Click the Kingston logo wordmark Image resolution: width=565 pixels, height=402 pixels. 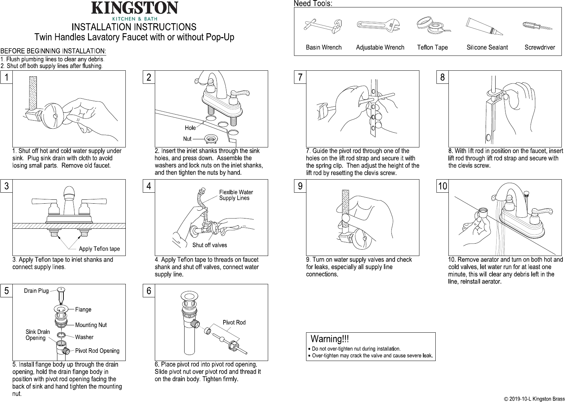point(135,8)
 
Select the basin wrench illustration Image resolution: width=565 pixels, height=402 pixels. point(323,27)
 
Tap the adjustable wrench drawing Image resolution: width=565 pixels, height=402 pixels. point(378,25)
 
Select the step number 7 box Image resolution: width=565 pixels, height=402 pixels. point(300,77)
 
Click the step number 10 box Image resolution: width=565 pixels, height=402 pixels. point(442,186)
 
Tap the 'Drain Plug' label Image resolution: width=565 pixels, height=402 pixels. point(36,291)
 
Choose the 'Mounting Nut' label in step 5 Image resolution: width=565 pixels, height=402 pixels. point(91,325)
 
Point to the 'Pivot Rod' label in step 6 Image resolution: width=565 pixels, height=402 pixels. point(234,322)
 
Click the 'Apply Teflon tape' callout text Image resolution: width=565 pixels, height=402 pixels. point(99,249)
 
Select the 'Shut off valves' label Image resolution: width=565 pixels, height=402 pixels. point(210,245)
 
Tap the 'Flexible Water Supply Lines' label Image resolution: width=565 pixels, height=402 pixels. point(236,195)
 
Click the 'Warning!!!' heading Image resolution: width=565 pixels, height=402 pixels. point(329,339)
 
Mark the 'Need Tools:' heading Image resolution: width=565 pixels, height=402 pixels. point(313,4)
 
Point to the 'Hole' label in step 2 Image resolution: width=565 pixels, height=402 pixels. point(190,128)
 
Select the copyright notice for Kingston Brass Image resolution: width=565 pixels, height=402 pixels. point(534,399)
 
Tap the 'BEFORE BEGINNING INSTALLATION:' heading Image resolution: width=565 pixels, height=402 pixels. point(53,51)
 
